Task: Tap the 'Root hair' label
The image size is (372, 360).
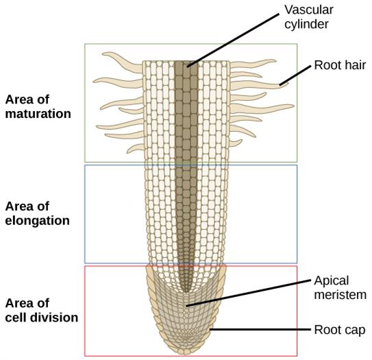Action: tap(340, 66)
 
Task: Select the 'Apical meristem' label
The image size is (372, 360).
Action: tap(340, 287)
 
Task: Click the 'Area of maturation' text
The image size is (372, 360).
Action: tap(38, 106)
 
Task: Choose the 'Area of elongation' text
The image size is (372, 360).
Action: tap(38, 213)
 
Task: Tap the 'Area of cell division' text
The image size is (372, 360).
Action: tap(41, 310)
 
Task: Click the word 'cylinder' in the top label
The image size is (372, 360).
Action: tap(307, 25)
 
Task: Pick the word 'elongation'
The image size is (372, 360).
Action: tap(38, 221)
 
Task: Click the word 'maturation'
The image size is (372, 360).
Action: tap(38, 114)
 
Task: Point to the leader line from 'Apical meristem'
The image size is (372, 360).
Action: tap(247, 294)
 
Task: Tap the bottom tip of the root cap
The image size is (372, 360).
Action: tap(186, 353)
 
